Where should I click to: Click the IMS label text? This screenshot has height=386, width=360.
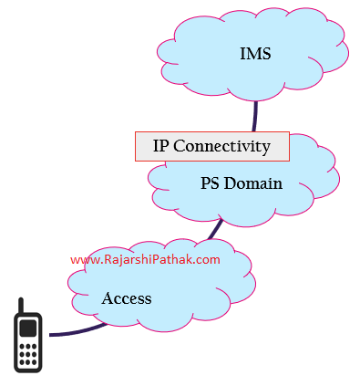pos(255,54)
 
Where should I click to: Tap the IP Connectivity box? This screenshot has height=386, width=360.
pos(211,146)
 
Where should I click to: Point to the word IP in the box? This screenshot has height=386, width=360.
pos(160,146)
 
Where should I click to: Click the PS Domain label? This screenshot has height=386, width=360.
pos(241,183)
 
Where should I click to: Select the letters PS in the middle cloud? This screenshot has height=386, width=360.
pos(210,183)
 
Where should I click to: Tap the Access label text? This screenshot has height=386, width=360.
pos(126,298)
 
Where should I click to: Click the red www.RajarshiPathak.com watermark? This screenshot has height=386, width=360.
pos(145,259)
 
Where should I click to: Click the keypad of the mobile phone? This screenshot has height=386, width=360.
pos(28,351)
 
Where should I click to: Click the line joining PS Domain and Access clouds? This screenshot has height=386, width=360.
pos(215,228)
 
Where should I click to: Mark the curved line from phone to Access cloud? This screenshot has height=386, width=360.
pos(77,332)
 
